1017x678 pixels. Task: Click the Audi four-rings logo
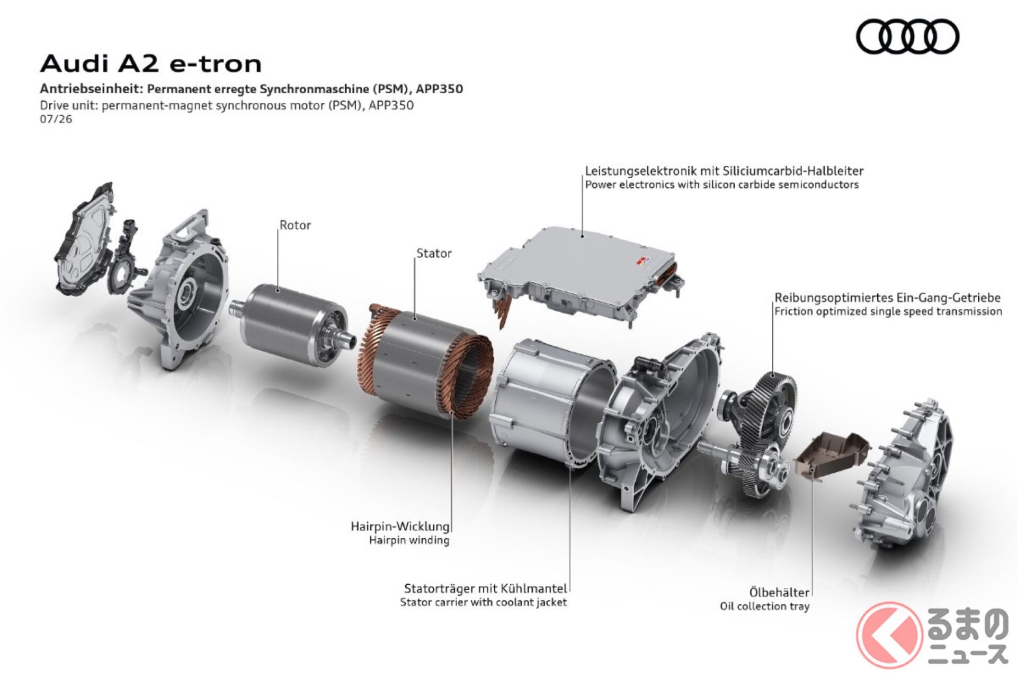click(x=907, y=37)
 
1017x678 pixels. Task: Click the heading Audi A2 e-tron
click(x=151, y=64)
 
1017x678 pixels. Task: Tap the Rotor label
click(x=295, y=225)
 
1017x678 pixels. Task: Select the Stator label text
click(x=434, y=253)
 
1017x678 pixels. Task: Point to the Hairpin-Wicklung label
click(x=400, y=527)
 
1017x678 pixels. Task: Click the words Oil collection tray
click(x=764, y=606)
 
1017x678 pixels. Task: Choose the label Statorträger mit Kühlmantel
click(x=485, y=588)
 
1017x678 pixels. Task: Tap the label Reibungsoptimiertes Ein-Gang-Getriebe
click(x=887, y=298)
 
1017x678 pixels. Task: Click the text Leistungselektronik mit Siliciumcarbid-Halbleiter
click(x=724, y=171)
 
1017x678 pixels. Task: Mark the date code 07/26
click(x=56, y=119)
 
